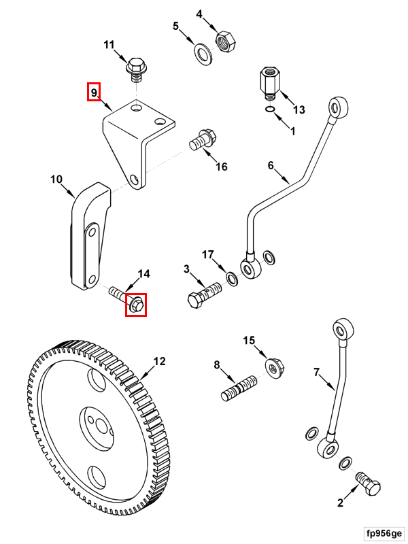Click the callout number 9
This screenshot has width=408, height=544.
pos(94,91)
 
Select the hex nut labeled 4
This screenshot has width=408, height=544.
pos(225,41)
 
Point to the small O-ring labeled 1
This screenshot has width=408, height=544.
pos(270,111)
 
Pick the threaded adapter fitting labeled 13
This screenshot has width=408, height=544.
pos(271,83)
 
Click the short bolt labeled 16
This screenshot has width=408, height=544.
pos(203,140)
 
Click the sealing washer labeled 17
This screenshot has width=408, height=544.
pos(231,278)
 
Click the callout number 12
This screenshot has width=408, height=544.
pos(158,362)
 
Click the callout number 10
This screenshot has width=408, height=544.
pos(56,180)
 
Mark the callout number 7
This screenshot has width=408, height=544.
pos(316,373)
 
